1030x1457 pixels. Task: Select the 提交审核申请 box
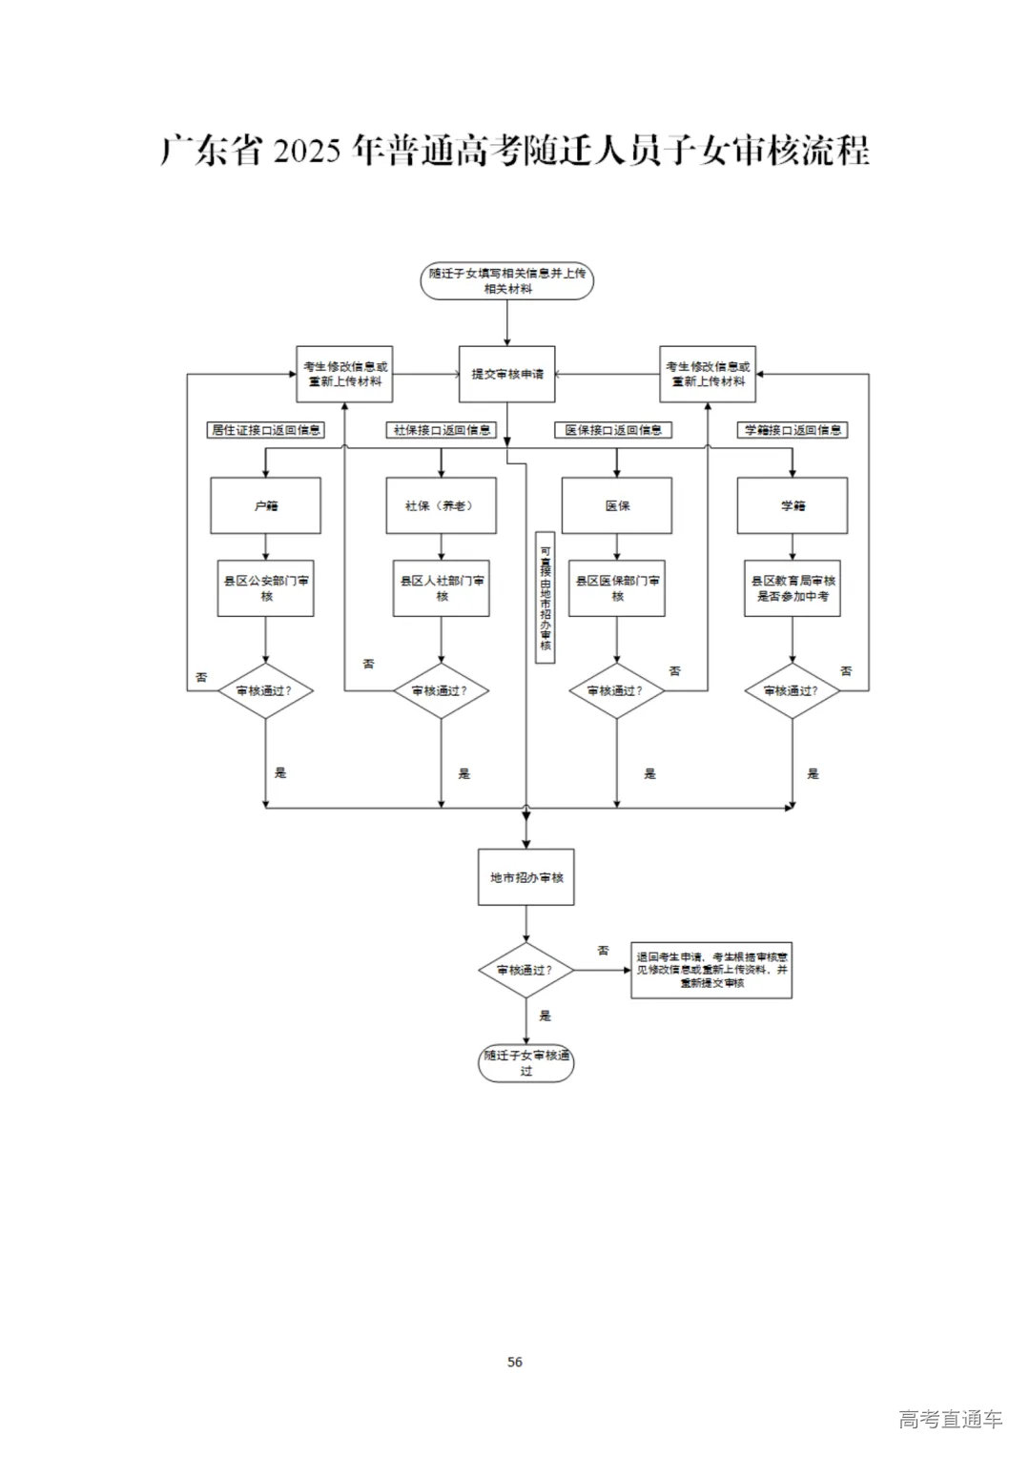pyautogui.click(x=506, y=374)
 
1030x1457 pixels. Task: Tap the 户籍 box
pyautogui.click(x=265, y=505)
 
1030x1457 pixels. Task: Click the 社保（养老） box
pyautogui.click(x=441, y=505)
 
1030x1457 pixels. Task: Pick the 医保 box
pyautogui.click(x=616, y=505)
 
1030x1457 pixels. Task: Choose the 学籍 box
pyautogui.click(x=792, y=505)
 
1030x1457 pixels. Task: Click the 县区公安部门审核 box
pyautogui.click(x=265, y=588)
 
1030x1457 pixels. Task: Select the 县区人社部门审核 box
pyautogui.click(x=441, y=588)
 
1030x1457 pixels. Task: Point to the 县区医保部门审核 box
pyautogui.click(x=616, y=588)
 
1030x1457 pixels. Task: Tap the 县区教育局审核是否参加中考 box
pyautogui.click(x=792, y=588)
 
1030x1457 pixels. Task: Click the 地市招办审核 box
pyautogui.click(x=525, y=877)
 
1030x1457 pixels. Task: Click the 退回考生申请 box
pyautogui.click(x=711, y=970)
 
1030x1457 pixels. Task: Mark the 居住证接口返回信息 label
pyautogui.click(x=266, y=430)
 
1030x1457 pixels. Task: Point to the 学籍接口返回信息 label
pyautogui.click(x=793, y=430)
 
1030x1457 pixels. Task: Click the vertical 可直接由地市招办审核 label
pyautogui.click(x=546, y=597)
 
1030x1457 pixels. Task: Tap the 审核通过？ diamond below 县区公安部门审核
pyautogui.click(x=265, y=690)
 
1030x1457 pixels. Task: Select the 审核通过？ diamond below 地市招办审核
pyautogui.click(x=525, y=971)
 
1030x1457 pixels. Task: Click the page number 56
pyautogui.click(x=515, y=1362)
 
